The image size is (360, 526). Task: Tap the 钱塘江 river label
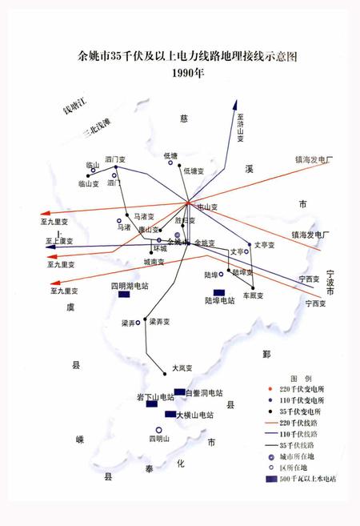[x=79, y=105]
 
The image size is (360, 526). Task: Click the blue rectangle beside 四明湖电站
[x=124, y=295]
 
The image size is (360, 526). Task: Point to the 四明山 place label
[x=158, y=439]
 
